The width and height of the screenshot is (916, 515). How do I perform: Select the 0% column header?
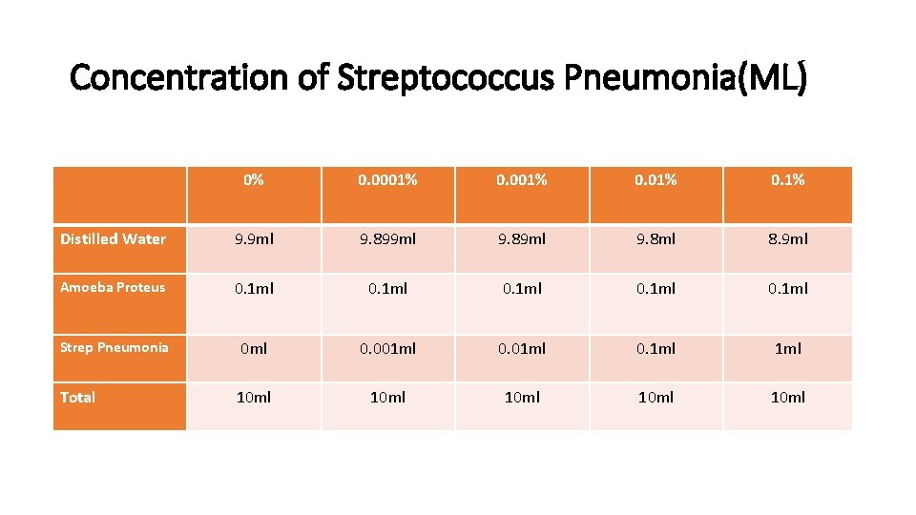click(x=254, y=180)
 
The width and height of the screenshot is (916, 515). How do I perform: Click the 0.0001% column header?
click(x=387, y=180)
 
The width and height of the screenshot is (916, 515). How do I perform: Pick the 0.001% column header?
click(x=521, y=180)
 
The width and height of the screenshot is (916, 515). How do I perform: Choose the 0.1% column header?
click(x=788, y=180)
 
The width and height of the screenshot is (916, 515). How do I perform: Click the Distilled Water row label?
click(x=113, y=239)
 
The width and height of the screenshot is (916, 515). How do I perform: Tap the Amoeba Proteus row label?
click(x=113, y=288)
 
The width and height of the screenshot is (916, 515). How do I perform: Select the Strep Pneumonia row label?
click(x=114, y=348)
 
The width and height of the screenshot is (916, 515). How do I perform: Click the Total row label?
click(x=77, y=398)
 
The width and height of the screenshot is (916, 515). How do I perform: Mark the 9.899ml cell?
click(x=387, y=239)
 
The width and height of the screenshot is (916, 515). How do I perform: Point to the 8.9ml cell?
click(x=788, y=239)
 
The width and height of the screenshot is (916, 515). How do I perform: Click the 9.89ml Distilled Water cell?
click(x=521, y=239)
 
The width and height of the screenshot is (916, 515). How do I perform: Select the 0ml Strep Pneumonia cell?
click(x=254, y=349)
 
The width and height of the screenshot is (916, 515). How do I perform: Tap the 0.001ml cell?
click(x=387, y=349)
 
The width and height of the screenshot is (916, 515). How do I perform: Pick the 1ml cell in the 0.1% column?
click(x=788, y=349)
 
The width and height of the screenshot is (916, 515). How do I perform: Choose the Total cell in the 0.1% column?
click(x=788, y=398)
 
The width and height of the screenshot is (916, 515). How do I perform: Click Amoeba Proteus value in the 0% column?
click(x=254, y=288)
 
